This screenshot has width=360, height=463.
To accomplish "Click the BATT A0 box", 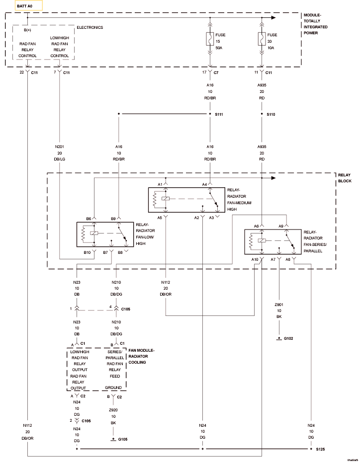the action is tap(29, 5).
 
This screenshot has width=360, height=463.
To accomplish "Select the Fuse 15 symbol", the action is tap(209, 39).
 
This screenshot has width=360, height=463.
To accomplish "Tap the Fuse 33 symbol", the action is tap(262, 39).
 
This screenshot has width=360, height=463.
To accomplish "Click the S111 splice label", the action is tap(219, 114).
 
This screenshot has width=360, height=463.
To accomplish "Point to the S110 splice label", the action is tap(270, 114).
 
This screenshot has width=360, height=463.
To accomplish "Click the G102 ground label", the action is tap(288, 338).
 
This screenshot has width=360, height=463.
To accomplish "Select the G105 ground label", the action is tap(123, 439).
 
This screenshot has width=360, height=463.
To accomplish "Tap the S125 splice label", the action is tap(320, 449).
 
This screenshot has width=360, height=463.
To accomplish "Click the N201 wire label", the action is tap(59, 147).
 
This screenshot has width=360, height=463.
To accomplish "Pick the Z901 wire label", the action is tap(279, 305).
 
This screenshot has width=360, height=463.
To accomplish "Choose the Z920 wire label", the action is tap(113, 410).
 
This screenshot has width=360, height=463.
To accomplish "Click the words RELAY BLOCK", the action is tap(345, 178).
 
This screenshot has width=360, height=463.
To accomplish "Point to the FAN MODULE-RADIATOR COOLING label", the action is tap(141, 356).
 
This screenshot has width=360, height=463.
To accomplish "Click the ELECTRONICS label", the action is tap(90, 27).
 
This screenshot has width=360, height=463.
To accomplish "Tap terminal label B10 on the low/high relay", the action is tap(87, 252).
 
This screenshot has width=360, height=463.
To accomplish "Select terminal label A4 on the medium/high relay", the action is tap(204, 184).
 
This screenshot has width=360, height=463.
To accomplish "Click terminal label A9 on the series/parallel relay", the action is tap(281, 226).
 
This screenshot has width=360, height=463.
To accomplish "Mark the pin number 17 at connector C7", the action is tap(204, 72).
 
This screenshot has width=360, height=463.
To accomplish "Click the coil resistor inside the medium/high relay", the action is tap(154, 199).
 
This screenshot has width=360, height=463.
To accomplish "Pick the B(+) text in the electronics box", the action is tap(27, 30).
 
